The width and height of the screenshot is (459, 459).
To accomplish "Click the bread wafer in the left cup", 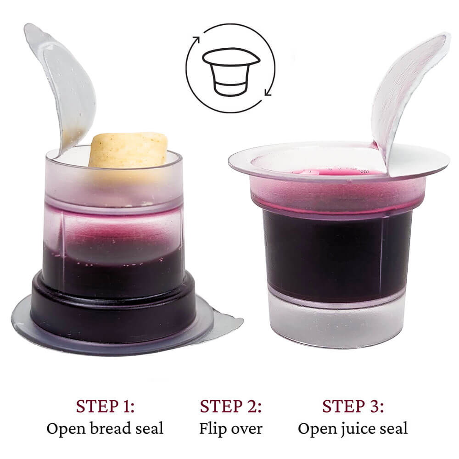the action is click(128, 150).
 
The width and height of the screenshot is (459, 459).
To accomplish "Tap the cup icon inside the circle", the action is click(231, 72).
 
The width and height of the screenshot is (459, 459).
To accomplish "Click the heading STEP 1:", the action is click(105, 406).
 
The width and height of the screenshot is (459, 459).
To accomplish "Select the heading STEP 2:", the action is click(230, 406).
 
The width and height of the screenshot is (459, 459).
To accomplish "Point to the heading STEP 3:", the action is click(353, 406).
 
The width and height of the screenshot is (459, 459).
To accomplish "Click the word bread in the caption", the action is click(110, 428).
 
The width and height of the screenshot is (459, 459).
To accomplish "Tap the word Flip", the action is click(213, 429).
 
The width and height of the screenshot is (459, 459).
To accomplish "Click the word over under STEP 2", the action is click(246, 430).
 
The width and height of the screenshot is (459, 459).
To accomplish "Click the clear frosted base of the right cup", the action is click(336, 322).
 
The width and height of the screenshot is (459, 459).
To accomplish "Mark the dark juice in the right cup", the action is click(336, 255).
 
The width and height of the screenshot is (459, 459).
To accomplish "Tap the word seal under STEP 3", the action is click(394, 428).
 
